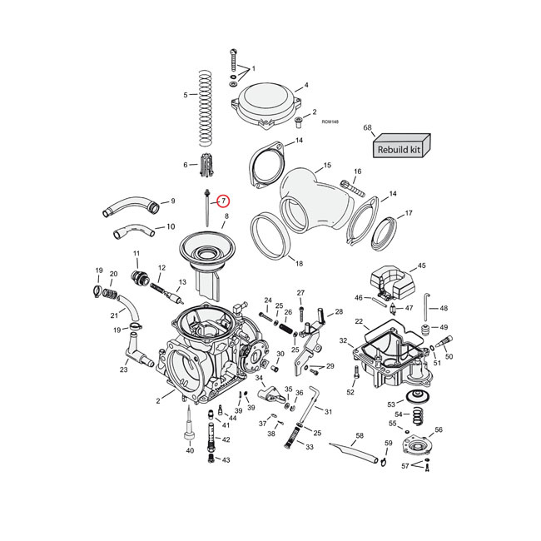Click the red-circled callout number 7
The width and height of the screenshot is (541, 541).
click(224, 201)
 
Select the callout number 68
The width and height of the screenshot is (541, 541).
click(367, 127)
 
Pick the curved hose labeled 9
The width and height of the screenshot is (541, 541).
click(129, 204)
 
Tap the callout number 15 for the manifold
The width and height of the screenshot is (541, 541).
click(326, 166)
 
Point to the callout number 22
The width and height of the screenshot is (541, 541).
click(359, 321)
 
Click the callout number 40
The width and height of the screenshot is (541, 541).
click(190, 450)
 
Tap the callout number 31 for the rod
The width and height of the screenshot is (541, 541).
click(329, 412)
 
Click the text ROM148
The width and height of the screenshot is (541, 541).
click(330, 122)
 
